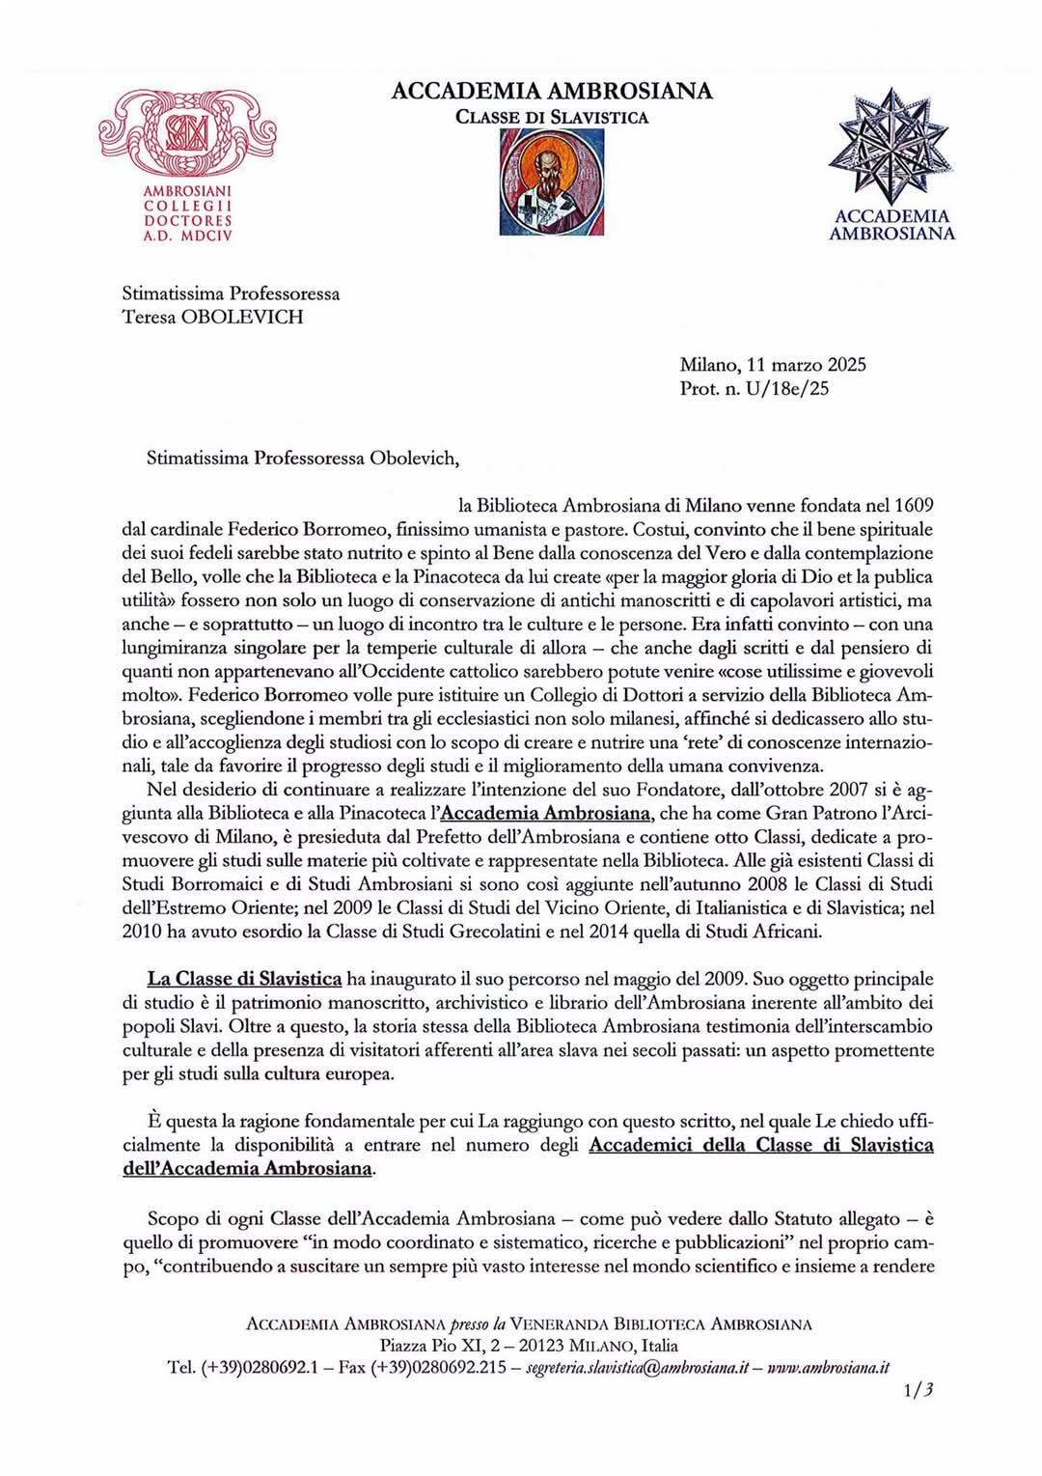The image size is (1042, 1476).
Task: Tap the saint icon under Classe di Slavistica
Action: tap(552, 182)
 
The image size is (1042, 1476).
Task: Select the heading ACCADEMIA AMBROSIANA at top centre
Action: tap(552, 91)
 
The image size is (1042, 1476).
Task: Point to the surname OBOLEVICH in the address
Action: tap(241, 317)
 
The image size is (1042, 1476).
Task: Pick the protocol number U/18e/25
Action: tap(787, 389)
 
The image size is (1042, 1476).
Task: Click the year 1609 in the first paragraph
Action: tap(913, 505)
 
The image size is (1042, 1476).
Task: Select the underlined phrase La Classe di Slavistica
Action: tap(244, 979)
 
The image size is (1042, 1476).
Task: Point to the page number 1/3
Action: tap(919, 1390)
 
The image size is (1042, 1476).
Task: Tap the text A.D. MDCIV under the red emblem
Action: tap(188, 235)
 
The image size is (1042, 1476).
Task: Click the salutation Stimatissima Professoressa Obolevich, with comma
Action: tap(303, 459)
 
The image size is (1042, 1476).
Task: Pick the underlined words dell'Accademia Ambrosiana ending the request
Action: tap(247, 1168)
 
